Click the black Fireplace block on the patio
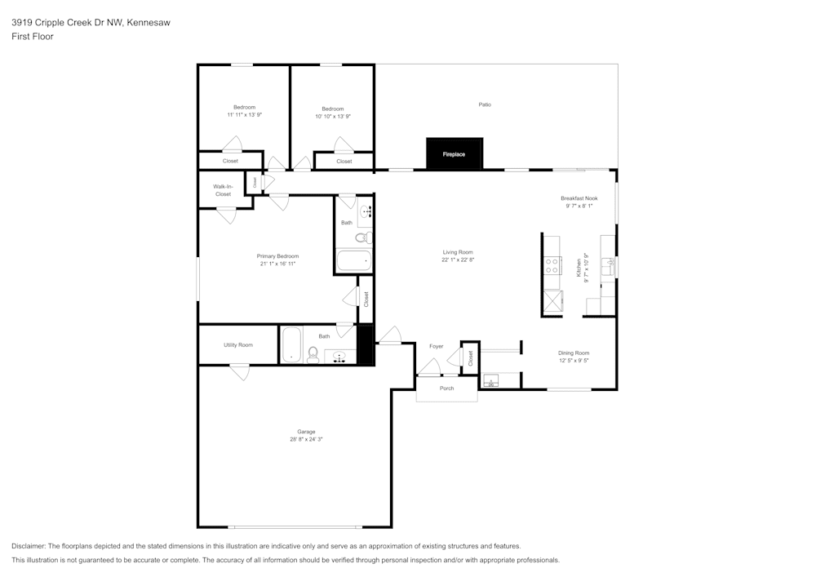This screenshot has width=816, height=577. [455, 154]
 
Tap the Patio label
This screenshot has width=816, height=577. [485, 104]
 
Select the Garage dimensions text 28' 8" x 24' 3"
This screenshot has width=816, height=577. [306, 440]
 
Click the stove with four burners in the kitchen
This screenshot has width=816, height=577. [552, 264]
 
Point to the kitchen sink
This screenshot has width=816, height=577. [607, 264]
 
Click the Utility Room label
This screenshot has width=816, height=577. [238, 345]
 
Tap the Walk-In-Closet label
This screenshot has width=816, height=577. [223, 190]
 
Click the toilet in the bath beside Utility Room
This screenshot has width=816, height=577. [313, 353]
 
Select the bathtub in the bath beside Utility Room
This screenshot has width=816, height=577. [291, 345]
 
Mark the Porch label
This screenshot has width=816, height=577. [446, 388]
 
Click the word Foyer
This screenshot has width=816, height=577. [437, 347]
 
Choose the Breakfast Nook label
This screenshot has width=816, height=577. [579, 198]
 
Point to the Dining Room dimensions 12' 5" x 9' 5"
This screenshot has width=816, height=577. [574, 361]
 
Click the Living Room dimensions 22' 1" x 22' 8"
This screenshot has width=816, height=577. [458, 260]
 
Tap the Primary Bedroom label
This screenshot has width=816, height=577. [277, 256]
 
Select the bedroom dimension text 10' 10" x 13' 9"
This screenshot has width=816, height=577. [333, 117]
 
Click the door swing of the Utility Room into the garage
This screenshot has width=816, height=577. [239, 372]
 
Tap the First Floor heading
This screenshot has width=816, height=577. [33, 37]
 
